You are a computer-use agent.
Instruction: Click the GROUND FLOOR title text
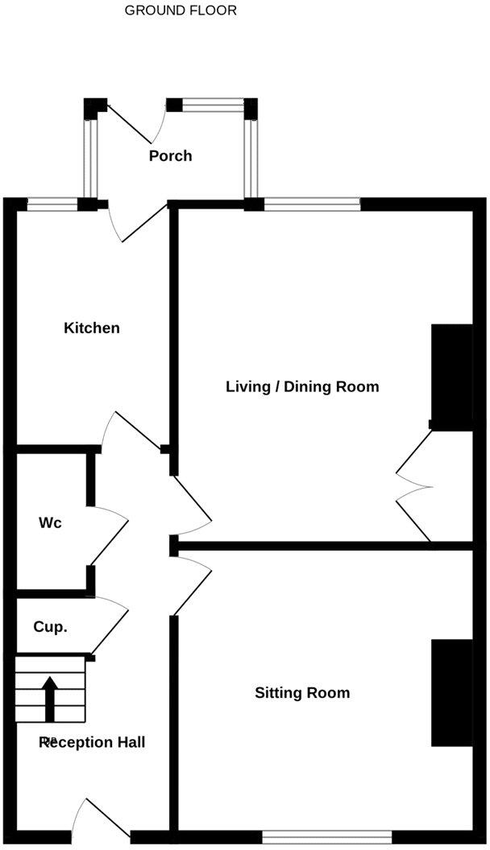(x=181, y=10)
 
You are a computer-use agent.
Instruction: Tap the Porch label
(x=170, y=155)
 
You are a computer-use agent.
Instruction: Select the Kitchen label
(x=92, y=328)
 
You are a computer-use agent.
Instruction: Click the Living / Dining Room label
(x=302, y=386)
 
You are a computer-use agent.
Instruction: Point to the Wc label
(x=50, y=522)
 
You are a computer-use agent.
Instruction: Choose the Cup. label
(x=50, y=626)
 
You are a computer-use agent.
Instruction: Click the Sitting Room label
(x=302, y=692)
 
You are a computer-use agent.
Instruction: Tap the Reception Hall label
(x=93, y=742)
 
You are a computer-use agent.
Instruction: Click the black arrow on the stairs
(x=50, y=697)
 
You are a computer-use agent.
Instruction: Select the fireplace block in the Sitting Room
(x=451, y=693)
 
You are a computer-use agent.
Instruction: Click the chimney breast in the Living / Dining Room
(x=451, y=377)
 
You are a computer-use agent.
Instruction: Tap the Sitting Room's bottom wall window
(x=326, y=838)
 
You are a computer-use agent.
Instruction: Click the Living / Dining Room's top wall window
(x=312, y=204)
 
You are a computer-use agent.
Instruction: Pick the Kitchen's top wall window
(x=52, y=204)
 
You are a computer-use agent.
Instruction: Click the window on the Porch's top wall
(x=214, y=105)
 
